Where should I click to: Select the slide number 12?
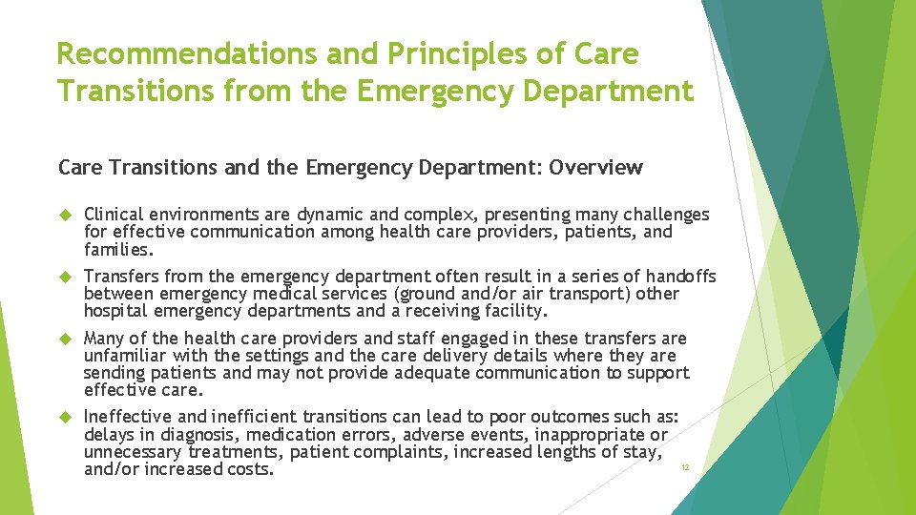[683, 467]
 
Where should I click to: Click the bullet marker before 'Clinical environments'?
[66, 215]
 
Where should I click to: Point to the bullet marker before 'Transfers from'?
[66, 277]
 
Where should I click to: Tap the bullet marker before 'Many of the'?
[66, 339]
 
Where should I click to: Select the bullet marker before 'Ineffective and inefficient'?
[66, 417]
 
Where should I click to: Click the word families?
[117, 249]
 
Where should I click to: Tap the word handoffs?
[679, 277]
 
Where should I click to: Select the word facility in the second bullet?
[516, 311]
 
